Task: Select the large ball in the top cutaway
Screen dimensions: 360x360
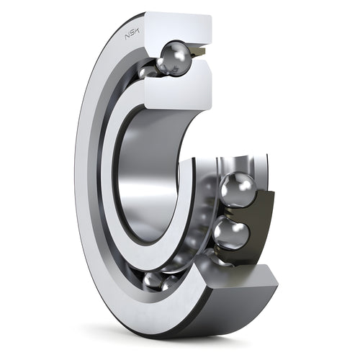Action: point(176,58)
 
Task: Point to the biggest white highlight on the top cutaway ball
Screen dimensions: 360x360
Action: point(179,55)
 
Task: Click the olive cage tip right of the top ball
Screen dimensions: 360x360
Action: point(199,51)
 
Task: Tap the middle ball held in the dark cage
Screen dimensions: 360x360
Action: point(232,233)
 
